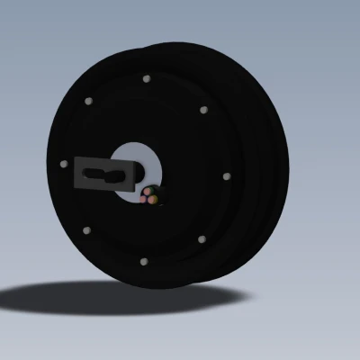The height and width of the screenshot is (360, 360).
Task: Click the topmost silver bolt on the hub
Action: [x=146, y=78]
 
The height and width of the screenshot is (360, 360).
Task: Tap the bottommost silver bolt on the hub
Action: [x=144, y=260]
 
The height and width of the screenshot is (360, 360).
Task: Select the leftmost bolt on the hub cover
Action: [x=63, y=164]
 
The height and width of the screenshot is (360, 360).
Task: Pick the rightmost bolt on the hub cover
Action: [x=225, y=175]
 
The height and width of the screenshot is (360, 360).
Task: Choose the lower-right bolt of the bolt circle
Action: [x=201, y=238]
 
